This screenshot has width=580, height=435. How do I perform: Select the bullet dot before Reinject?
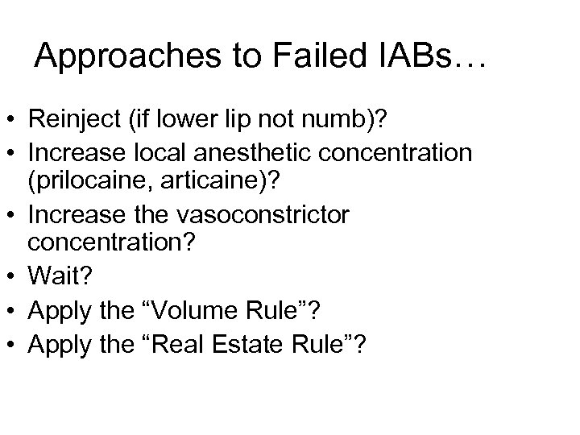12,120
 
